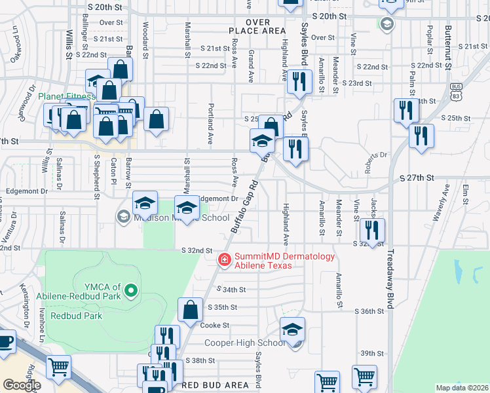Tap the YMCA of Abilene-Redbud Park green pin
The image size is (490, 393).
click(131, 290)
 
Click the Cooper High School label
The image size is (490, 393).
click(244, 343)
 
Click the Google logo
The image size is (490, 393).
click(22, 385)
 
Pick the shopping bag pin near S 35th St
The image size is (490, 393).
click(190, 310)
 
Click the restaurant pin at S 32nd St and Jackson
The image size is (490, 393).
click(371, 231)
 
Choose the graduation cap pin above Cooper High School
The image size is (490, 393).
click(292, 329)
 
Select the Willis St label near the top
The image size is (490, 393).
click(68, 46)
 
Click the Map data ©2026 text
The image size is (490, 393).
click(460, 388)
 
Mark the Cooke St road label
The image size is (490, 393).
click(215, 325)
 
